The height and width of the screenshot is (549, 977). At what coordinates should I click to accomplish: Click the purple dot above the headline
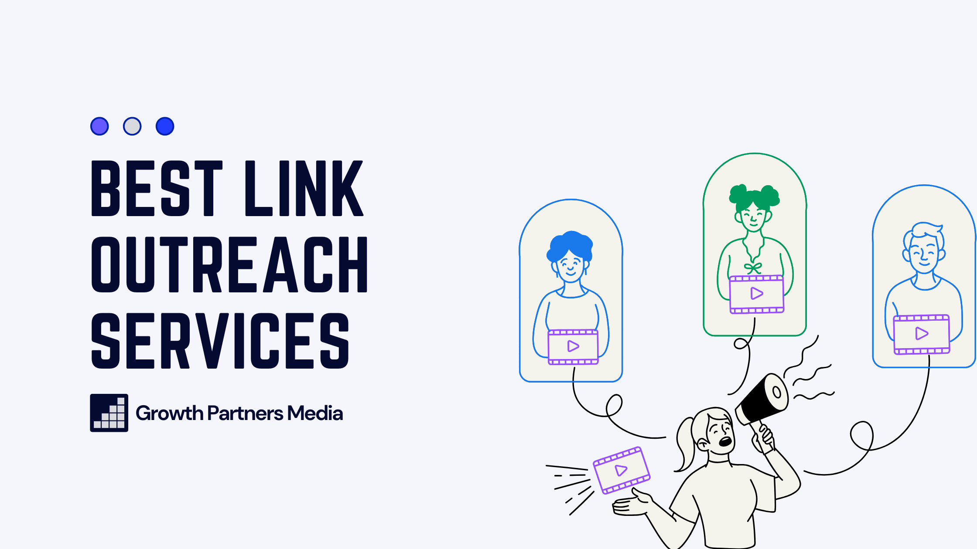pyautogui.click(x=99, y=126)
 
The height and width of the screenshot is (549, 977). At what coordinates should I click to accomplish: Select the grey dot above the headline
pyautogui.click(x=132, y=126)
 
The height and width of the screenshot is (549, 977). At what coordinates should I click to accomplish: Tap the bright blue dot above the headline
pyautogui.click(x=165, y=126)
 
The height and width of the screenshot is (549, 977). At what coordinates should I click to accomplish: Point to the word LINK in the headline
pyautogui.click(x=304, y=188)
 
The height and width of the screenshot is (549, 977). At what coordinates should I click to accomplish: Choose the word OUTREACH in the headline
pyautogui.click(x=229, y=264)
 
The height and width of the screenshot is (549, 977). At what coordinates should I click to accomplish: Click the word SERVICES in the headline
pyautogui.click(x=220, y=341)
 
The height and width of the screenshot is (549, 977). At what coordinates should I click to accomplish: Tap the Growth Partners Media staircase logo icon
pyautogui.click(x=109, y=413)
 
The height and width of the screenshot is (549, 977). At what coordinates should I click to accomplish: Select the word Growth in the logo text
pyautogui.click(x=169, y=413)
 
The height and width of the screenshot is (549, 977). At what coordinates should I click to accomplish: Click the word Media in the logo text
pyautogui.click(x=315, y=413)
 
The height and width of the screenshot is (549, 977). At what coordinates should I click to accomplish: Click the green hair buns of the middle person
pyautogui.click(x=754, y=196)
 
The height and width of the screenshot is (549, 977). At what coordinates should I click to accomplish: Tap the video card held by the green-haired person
pyautogui.click(x=757, y=294)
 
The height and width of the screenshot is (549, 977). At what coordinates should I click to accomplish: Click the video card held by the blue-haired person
pyautogui.click(x=573, y=347)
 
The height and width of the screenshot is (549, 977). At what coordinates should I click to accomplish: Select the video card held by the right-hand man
pyautogui.click(x=922, y=334)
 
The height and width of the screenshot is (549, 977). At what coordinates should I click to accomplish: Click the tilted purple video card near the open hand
pyautogui.click(x=622, y=471)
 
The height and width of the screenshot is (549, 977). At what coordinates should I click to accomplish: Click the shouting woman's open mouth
pyautogui.click(x=725, y=442)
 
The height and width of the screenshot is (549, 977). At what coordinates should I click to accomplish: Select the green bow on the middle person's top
pyautogui.click(x=753, y=268)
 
